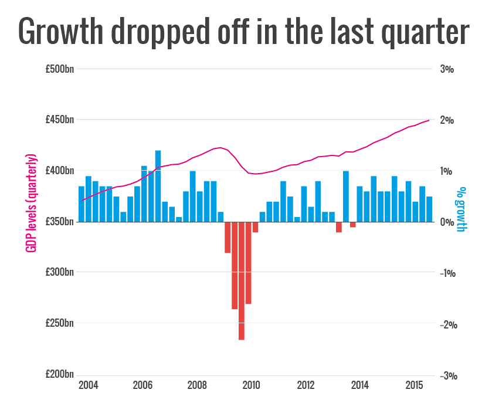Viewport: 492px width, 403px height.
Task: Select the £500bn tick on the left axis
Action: coord(60,69)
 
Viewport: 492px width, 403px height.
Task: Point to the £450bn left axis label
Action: coord(60,120)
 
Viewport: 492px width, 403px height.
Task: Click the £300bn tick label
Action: coord(60,273)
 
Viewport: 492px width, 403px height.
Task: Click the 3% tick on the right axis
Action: coord(447,69)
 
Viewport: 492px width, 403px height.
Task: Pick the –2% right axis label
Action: coord(447,324)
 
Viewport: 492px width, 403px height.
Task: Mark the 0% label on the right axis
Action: coord(447,222)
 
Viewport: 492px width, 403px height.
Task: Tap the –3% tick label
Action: coord(447,375)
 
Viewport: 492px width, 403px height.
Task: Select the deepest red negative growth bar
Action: coord(241,282)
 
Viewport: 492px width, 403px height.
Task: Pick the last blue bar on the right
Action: coord(429,209)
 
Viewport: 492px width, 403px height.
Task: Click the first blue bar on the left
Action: coord(82,204)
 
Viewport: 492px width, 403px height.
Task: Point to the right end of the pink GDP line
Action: coord(429,120)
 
